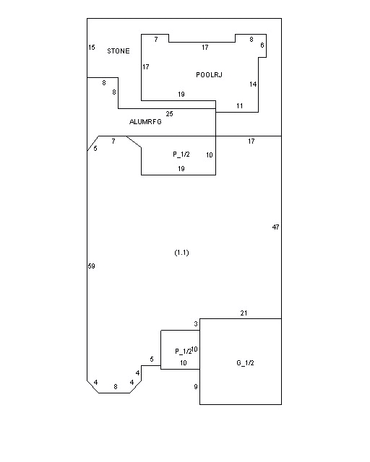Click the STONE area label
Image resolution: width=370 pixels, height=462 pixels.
click(x=119, y=51)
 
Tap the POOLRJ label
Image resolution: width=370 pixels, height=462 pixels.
click(x=209, y=75)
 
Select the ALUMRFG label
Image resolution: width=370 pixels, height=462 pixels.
click(x=145, y=122)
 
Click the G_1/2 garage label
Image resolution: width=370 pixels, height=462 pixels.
click(x=245, y=362)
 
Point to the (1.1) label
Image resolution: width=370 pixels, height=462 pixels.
click(x=182, y=253)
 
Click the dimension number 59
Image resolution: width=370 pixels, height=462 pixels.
click(x=92, y=266)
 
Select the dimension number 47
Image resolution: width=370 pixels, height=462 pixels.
click(x=275, y=227)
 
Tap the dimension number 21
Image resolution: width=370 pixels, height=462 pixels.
click(x=244, y=313)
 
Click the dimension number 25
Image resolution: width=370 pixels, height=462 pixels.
click(x=169, y=114)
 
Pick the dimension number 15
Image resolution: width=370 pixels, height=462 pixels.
click(x=92, y=47)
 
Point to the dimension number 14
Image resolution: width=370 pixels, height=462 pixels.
click(x=253, y=84)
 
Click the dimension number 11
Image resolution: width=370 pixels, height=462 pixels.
click(x=240, y=106)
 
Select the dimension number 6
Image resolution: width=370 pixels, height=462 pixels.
click(x=262, y=45)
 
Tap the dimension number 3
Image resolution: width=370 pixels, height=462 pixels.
click(x=196, y=324)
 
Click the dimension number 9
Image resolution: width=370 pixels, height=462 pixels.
click(x=196, y=387)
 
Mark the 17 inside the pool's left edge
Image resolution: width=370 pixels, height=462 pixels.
click(x=146, y=67)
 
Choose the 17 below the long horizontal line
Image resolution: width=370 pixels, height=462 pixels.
click(x=251, y=141)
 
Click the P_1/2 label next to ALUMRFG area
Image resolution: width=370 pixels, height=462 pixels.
click(x=181, y=154)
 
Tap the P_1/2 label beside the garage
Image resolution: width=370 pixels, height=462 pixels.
click(x=183, y=351)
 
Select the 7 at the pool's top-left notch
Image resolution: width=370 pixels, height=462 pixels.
click(x=156, y=39)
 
